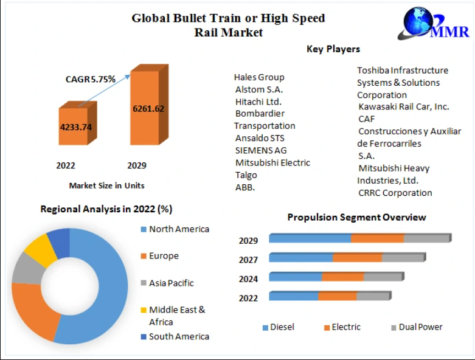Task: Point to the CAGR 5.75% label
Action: pyautogui.click(x=91, y=79)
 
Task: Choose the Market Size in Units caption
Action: pyautogui.click(x=106, y=185)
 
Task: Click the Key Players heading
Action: pyautogui.click(x=333, y=49)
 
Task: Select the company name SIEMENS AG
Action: pyautogui.click(x=261, y=150)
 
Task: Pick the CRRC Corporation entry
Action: pyautogui.click(x=395, y=193)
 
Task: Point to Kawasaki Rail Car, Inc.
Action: pyautogui.click(x=403, y=106)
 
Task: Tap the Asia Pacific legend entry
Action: pyautogui.click(x=171, y=283)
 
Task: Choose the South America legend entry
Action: pyautogui.click(x=178, y=336)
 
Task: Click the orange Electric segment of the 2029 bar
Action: pyautogui.click(x=377, y=238)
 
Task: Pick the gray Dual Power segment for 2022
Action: pyautogui.click(x=372, y=296)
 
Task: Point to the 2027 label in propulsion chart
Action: pyautogui.click(x=248, y=260)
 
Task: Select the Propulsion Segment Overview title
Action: pyautogui.click(x=356, y=217)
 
